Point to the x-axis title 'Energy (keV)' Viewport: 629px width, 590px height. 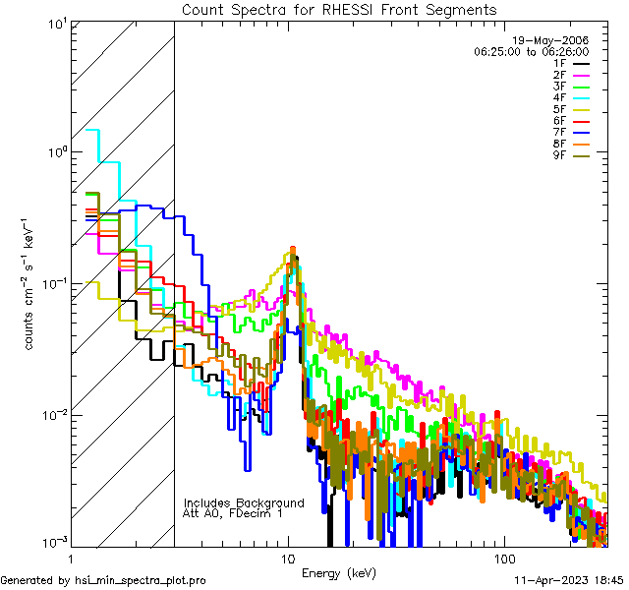coord(339,572)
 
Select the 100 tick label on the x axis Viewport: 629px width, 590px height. coord(503,559)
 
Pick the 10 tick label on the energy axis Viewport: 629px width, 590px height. coord(288,559)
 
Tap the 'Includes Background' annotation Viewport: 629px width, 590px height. coord(244,502)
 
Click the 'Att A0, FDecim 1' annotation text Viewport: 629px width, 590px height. coord(233,513)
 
